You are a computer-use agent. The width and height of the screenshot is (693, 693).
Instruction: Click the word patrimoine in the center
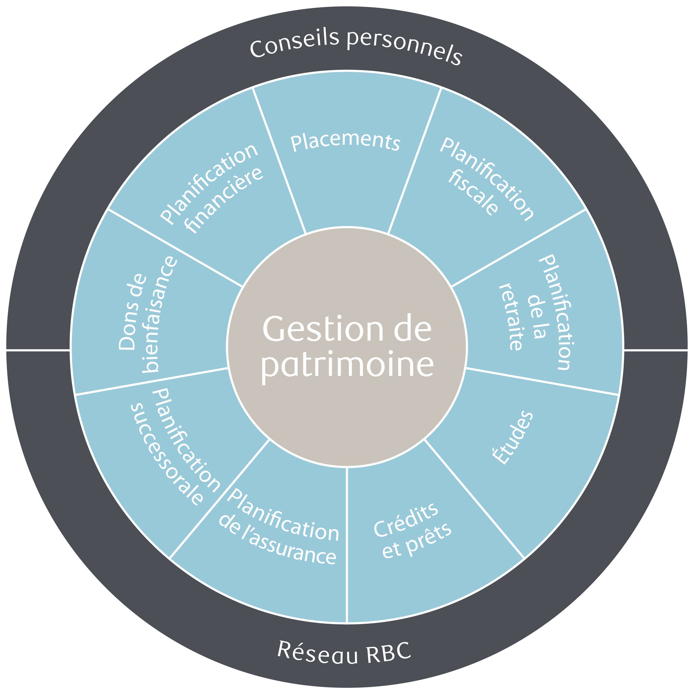pyautogui.click(x=347, y=365)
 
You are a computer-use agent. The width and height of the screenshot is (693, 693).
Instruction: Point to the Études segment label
pyautogui.click(x=512, y=438)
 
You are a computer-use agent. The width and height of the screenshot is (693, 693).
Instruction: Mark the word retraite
pyautogui.click(x=511, y=317)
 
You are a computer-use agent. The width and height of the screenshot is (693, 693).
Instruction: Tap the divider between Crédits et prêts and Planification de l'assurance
pyautogui.click(x=347, y=538)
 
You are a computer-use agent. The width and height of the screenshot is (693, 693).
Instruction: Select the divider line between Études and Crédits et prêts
pyautogui.click(x=473, y=498)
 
